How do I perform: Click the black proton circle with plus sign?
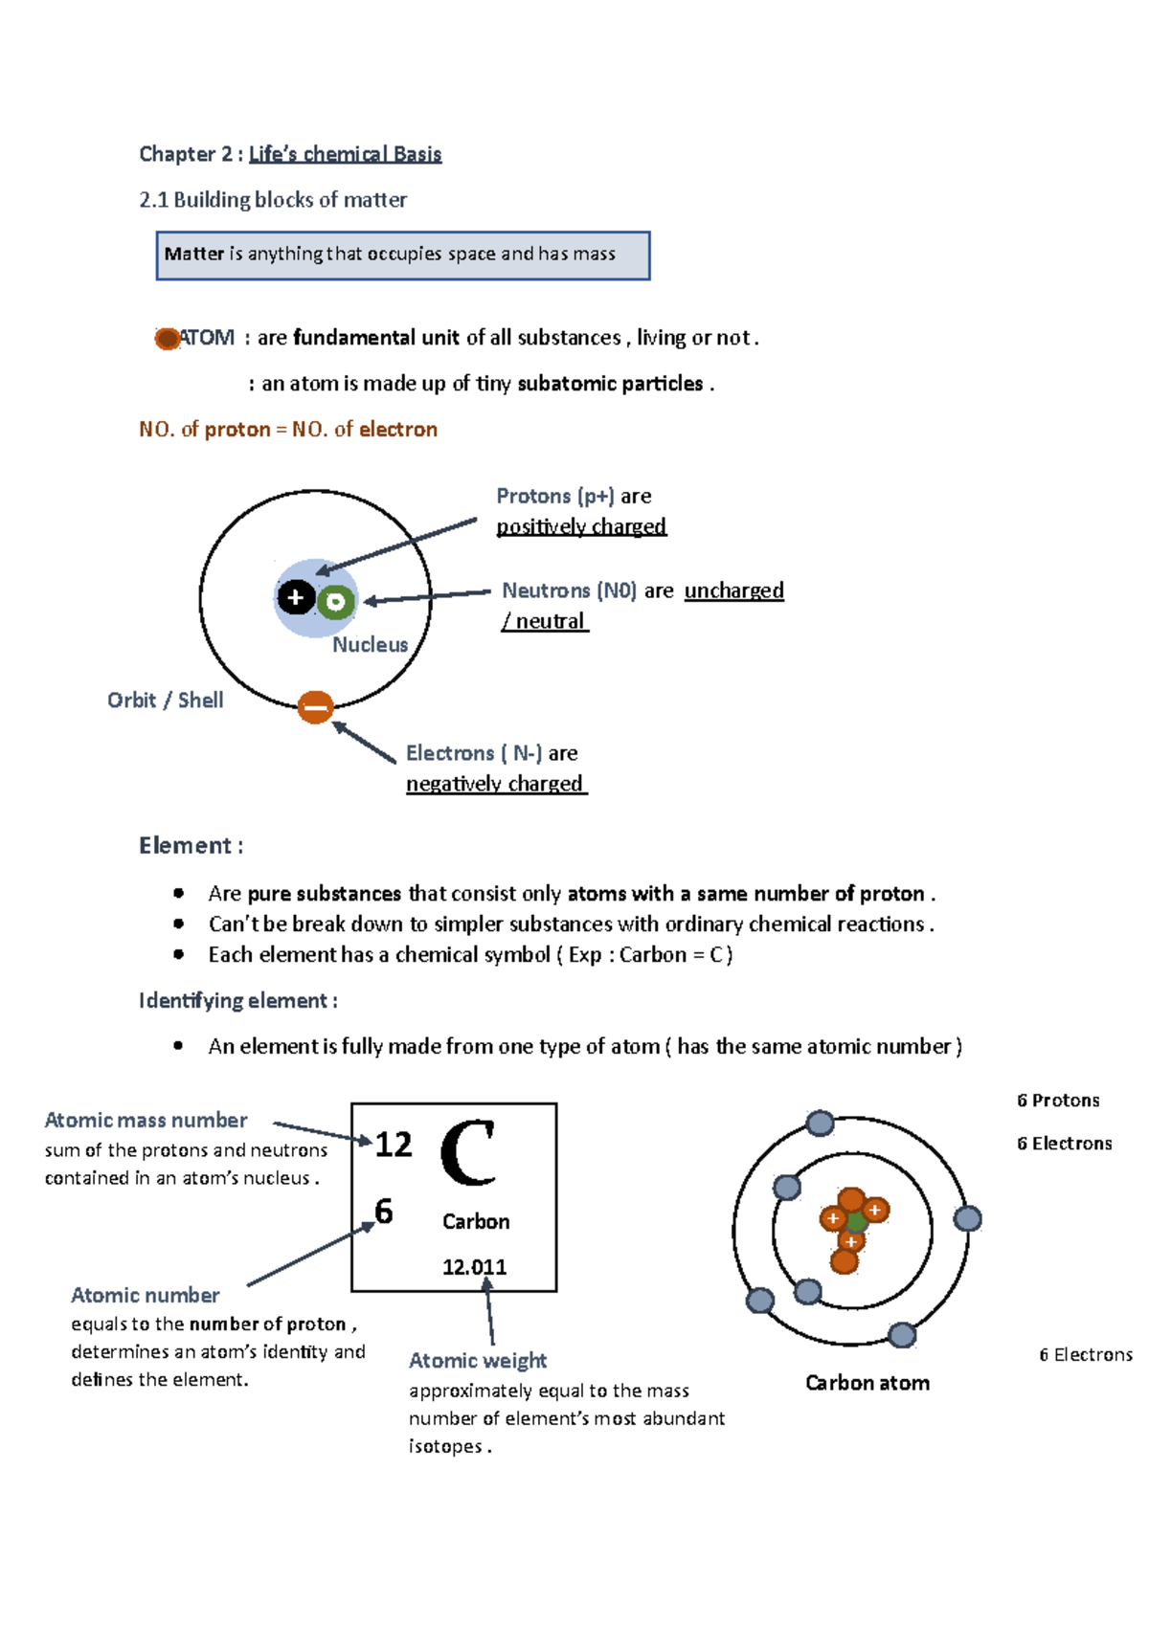click(x=296, y=598)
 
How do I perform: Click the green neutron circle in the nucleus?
click(x=335, y=602)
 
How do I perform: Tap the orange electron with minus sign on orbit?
click(x=315, y=707)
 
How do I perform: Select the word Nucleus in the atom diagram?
click(x=370, y=645)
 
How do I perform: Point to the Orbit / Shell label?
click(x=165, y=701)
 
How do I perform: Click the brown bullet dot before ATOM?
click(x=168, y=339)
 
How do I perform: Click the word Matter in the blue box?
click(x=193, y=254)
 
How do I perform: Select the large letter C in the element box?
click(x=468, y=1153)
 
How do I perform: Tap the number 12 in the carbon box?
click(x=394, y=1145)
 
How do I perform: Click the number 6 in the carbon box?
click(x=384, y=1212)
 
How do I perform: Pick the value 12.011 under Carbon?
click(x=474, y=1267)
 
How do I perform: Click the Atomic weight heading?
click(x=477, y=1361)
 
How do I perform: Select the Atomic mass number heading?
click(x=146, y=1121)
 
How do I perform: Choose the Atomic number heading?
click(x=145, y=1296)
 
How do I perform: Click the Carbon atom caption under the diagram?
click(x=867, y=1383)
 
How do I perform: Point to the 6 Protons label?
click(x=1057, y=1101)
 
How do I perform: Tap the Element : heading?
click(x=191, y=846)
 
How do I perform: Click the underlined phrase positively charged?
click(x=581, y=527)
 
